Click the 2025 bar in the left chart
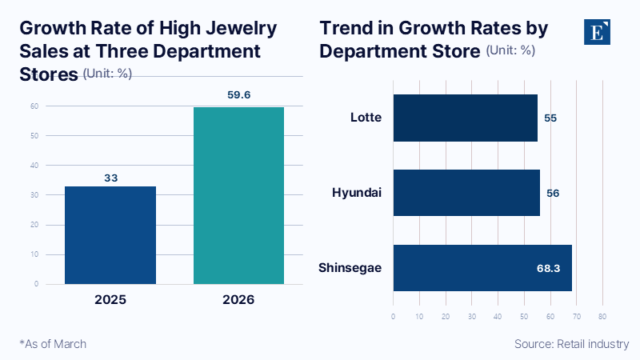coord(110,234)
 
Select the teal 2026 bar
coord(238,195)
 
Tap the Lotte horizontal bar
coord(465,118)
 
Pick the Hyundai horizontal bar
coord(466,193)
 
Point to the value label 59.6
coord(238,94)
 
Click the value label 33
coord(110,176)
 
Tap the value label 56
coord(553,193)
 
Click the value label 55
coord(550,118)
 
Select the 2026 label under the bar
coord(238,300)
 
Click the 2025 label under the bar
coord(110,300)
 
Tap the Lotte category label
coord(366,118)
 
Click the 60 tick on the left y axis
coord(35,106)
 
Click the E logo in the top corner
coord(596,33)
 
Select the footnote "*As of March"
coord(53,343)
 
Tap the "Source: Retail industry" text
coord(571,343)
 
